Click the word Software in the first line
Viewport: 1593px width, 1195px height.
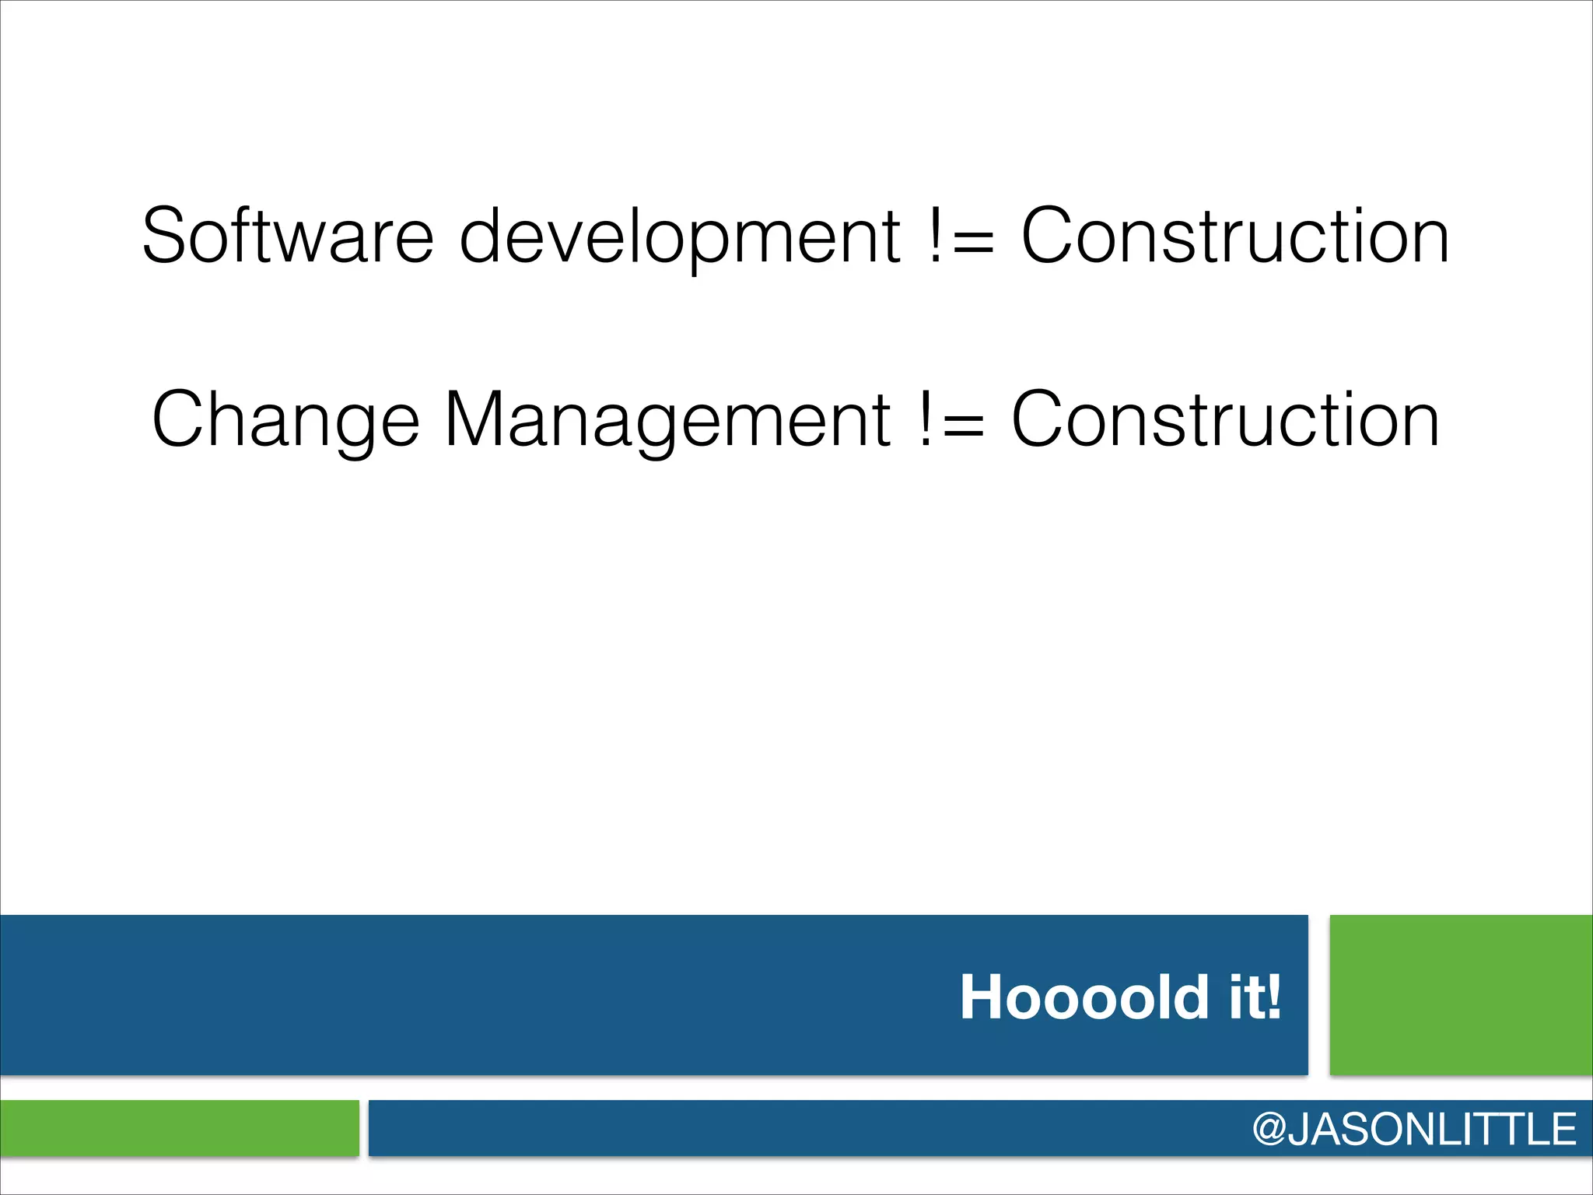coord(288,236)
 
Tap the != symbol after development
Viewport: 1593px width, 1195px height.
coord(960,236)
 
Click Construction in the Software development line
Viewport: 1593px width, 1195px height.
coord(1235,236)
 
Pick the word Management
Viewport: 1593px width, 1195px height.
coord(667,420)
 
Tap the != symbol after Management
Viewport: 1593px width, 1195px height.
coord(950,420)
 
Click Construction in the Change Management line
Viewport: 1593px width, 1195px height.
coord(1225,420)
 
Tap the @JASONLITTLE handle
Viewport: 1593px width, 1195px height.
coord(1413,1129)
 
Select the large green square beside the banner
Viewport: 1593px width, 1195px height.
coord(1461,995)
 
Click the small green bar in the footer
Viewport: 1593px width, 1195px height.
coord(179,1127)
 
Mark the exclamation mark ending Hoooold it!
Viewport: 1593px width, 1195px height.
coord(1273,997)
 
